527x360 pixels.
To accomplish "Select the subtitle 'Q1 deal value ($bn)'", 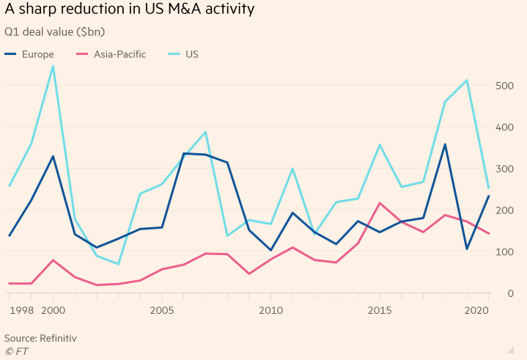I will pos(55,32).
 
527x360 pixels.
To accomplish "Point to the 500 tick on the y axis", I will pos(506,85).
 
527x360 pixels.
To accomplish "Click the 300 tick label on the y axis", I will pos(506,169).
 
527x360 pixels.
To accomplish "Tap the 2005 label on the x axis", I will pos(161,311).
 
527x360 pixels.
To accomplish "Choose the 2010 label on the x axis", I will pos(270,311).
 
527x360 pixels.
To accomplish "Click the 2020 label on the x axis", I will pos(477,311).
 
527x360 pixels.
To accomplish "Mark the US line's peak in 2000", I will pos(53,66).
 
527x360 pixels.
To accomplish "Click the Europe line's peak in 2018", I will pos(445,144).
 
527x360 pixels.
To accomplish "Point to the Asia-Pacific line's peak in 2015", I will pos(380,203).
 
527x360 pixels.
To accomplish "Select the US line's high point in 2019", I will pos(467,80).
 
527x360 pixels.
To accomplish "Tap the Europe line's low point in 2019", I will pos(467,249).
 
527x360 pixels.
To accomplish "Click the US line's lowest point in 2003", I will pos(118,264).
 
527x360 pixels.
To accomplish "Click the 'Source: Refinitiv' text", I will pos(40,338).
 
